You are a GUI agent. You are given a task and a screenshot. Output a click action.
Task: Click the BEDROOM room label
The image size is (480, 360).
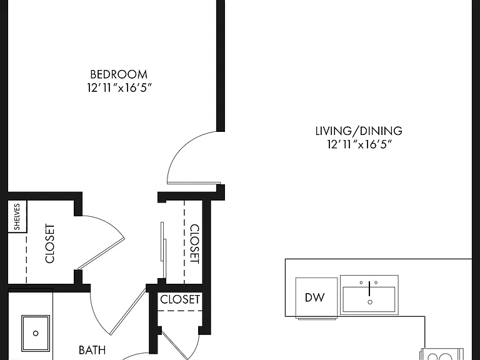[x=119, y=74]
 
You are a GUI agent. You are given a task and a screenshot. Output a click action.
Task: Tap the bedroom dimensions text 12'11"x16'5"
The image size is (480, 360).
[x=119, y=88]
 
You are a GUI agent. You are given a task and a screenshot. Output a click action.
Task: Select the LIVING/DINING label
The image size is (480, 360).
[x=359, y=131]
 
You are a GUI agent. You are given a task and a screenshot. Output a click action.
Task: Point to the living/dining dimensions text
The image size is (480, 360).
[x=359, y=144]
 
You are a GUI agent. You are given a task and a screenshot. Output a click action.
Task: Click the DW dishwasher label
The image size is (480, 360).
[x=315, y=297]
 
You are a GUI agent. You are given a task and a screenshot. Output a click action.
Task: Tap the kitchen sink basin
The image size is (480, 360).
[x=369, y=299]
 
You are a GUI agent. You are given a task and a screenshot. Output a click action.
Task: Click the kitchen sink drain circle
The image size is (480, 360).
[x=370, y=302]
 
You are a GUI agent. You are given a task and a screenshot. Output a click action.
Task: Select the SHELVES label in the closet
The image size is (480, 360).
[x=17, y=216]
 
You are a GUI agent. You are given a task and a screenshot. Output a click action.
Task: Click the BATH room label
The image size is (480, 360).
[x=92, y=350]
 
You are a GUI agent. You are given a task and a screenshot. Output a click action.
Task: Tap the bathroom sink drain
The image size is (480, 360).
[x=36, y=333]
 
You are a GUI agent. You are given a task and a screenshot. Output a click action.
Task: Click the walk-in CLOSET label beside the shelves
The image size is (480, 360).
[x=49, y=243]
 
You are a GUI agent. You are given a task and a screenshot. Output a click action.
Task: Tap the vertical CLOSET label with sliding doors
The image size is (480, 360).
[x=195, y=244]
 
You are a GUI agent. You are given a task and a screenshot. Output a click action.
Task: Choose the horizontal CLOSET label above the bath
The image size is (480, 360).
[x=180, y=299]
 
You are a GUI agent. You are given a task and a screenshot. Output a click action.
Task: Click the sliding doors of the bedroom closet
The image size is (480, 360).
[x=164, y=250]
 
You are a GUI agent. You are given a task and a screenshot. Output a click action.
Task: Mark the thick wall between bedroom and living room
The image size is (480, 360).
[x=221, y=66]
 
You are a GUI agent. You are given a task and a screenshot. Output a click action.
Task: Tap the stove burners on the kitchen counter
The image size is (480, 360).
[x=442, y=354]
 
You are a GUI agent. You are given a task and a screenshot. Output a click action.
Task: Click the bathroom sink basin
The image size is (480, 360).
[x=36, y=333]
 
